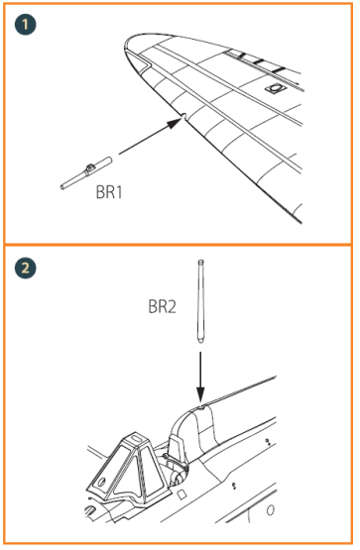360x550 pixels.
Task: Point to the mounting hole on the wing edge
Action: (x=180, y=118)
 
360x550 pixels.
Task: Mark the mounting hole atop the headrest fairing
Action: (x=200, y=405)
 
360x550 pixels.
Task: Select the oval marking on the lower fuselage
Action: (x=271, y=512)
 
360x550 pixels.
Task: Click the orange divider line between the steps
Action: (x=180, y=244)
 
